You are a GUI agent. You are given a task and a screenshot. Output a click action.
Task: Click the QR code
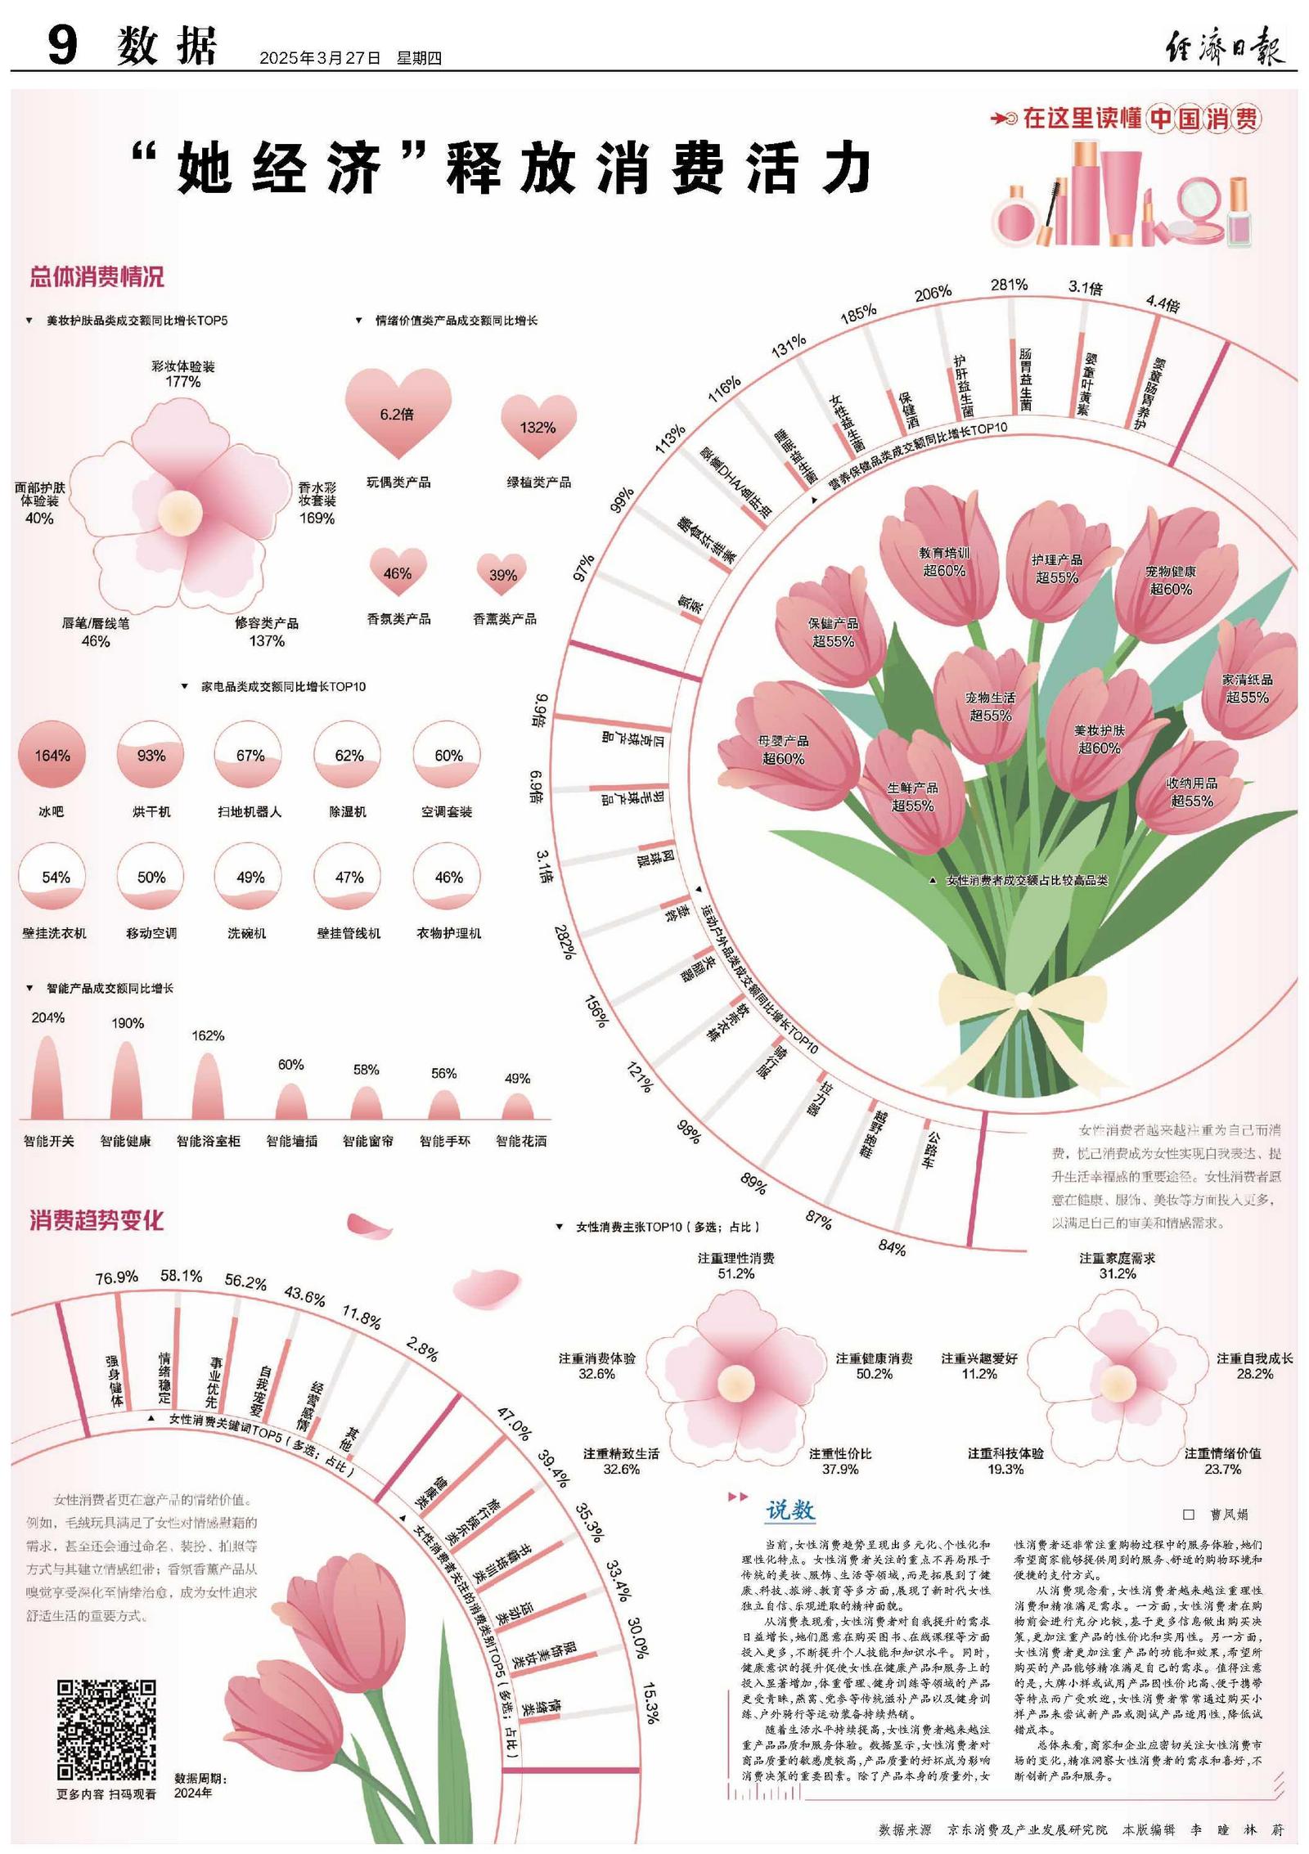pos(106,1730)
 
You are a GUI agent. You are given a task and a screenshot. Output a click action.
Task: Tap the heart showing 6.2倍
pos(398,411)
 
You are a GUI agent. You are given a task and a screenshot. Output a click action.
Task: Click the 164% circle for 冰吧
pos(52,755)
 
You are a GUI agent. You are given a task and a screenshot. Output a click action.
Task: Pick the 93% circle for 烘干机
pos(151,755)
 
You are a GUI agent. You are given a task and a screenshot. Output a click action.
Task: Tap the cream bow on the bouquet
pos(1023,999)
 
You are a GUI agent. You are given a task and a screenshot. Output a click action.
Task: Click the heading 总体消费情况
pos(97,276)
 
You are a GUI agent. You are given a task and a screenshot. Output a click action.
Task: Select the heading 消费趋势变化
pos(97,1220)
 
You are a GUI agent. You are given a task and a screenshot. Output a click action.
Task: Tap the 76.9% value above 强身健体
pos(117,1277)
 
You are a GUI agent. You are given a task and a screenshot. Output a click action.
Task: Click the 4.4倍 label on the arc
pos(1163,303)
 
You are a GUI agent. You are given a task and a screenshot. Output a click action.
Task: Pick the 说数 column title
pos(790,1510)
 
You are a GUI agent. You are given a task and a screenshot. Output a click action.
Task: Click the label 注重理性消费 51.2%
pos(735,1266)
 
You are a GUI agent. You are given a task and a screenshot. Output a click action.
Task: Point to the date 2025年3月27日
pos(321,58)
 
